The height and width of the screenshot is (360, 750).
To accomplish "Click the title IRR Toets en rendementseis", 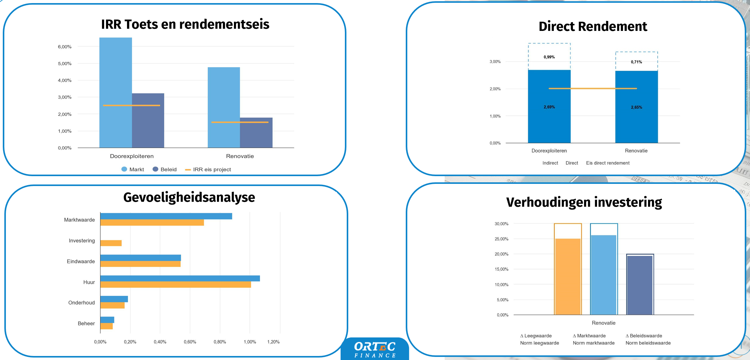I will [185, 24].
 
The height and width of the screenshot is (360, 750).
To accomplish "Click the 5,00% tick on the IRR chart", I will [65, 64].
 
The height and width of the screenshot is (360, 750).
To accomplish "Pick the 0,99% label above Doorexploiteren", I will [549, 57].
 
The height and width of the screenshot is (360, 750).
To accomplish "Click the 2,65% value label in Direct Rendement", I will [636, 108].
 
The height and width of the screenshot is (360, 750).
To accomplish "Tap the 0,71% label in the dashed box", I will [636, 62].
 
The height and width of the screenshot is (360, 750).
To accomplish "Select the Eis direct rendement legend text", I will [608, 163].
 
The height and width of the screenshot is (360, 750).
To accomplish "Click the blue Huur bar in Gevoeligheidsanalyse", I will [180, 278].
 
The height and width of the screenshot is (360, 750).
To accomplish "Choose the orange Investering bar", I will [111, 243].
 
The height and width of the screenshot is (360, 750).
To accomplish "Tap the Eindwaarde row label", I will [81, 261].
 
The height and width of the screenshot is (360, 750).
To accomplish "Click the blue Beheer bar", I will [107, 320].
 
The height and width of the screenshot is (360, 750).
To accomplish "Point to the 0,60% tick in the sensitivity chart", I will [190, 342].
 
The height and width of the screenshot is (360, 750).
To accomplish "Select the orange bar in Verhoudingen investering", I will [568, 277].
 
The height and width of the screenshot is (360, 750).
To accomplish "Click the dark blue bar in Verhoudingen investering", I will [640, 285].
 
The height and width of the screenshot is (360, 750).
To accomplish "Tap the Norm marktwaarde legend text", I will [594, 343].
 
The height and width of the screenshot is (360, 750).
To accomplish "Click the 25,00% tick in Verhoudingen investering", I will [501, 239].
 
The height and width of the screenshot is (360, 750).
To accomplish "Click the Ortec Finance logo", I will [375, 349].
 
